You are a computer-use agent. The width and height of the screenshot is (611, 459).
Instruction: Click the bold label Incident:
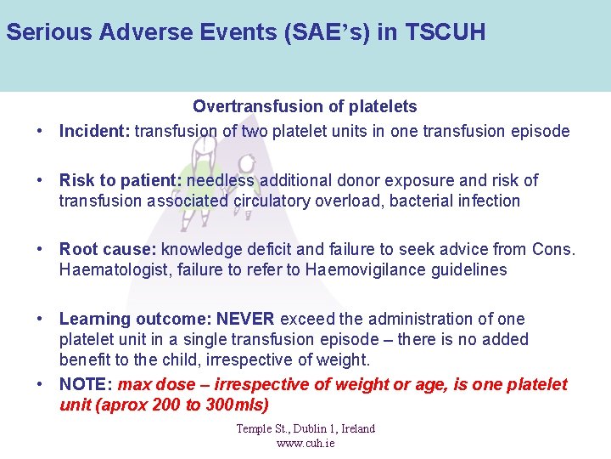tap(94, 131)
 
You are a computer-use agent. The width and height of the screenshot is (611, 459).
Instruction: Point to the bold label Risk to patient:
tap(121, 180)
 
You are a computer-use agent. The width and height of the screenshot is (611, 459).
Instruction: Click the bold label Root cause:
tap(108, 250)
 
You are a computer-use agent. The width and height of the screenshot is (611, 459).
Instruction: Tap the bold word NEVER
tap(245, 319)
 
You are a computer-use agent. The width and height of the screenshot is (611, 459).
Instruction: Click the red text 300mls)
tap(238, 405)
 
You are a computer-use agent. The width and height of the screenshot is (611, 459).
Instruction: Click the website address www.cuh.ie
tap(305, 443)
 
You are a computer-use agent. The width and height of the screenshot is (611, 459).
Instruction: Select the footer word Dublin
tap(302, 428)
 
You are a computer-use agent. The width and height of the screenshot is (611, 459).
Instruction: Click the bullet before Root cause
tap(41, 251)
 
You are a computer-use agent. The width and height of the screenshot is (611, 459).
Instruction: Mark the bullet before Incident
tap(41, 132)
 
